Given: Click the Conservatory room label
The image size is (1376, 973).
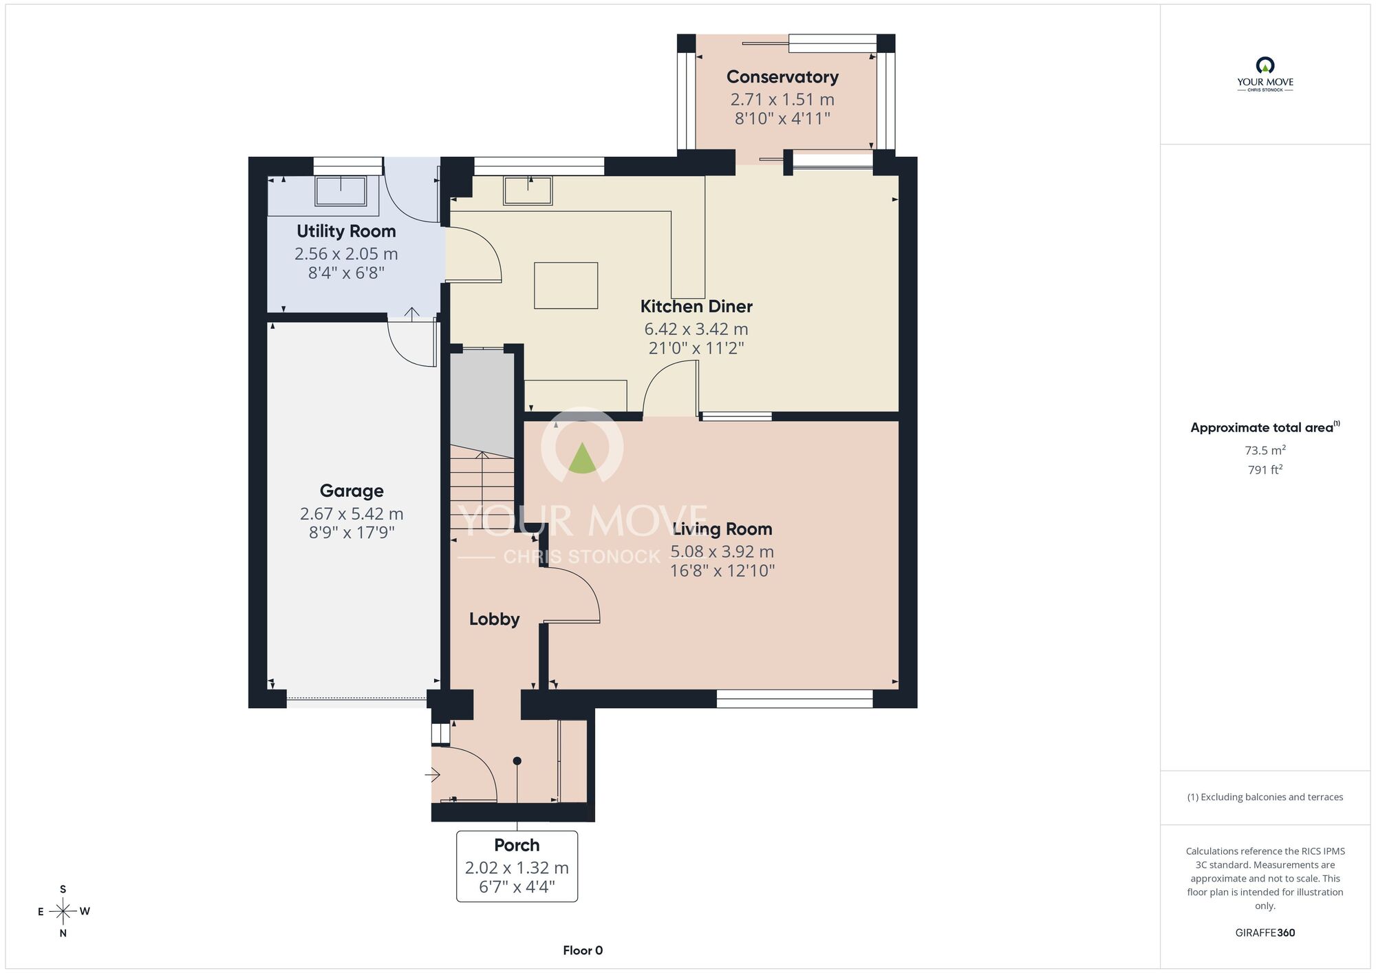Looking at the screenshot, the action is pos(782,77).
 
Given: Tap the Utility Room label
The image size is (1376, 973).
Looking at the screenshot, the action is pos(346,231).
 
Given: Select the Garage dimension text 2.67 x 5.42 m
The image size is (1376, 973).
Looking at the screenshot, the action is pos(352,513).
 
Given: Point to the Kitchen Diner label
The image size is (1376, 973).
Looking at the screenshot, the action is pos(696,306).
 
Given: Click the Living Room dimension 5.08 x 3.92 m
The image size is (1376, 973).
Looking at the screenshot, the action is pos(722,552).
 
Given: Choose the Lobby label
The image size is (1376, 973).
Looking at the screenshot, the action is pos(494,619).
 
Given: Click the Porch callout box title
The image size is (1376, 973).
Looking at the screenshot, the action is pos(517,845).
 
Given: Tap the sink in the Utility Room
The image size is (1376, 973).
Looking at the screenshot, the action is pos(341,191).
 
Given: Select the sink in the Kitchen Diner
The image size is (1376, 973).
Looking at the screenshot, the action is pos(528,191).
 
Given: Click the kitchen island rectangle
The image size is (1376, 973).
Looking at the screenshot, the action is pos(566,286).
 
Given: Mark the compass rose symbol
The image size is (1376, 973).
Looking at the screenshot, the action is pos(63,912).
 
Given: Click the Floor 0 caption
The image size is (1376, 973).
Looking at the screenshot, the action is pos(583,950).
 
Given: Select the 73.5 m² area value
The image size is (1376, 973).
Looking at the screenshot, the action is pos(1265,451).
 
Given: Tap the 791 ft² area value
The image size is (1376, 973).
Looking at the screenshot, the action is pos(1265,470).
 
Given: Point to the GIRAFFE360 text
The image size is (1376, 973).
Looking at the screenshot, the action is pos(1265,933).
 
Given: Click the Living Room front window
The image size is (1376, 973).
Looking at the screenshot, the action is pos(795,699).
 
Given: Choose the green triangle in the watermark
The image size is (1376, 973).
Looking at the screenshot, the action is pos(583,458).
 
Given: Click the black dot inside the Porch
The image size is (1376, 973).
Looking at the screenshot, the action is pos(517,761).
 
